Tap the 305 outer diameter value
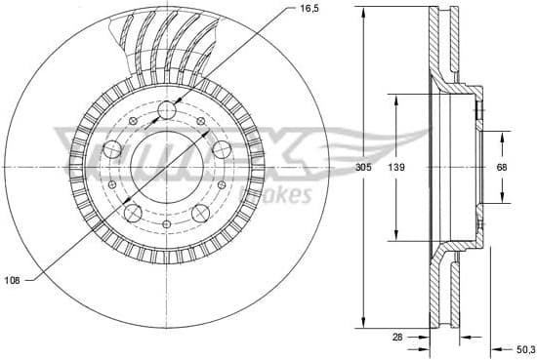(x=363, y=167)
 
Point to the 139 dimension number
(x=395, y=167)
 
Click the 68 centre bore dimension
(x=501, y=167)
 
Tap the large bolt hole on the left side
(x=111, y=149)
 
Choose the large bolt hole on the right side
(x=223, y=149)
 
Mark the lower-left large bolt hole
(x=133, y=213)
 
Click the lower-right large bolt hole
(x=202, y=213)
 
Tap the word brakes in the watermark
(x=283, y=195)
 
